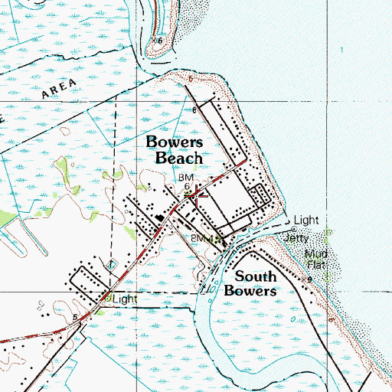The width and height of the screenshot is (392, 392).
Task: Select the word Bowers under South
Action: (250, 290)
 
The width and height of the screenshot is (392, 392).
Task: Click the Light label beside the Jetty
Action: (305, 220)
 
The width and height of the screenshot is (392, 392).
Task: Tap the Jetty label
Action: (296, 238)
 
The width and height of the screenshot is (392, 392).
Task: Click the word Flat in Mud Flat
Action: (317, 264)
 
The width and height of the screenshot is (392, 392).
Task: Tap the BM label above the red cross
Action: (187, 177)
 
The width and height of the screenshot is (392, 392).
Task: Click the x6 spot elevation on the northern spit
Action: (158, 40)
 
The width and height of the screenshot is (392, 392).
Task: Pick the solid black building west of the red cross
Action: (161, 218)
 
